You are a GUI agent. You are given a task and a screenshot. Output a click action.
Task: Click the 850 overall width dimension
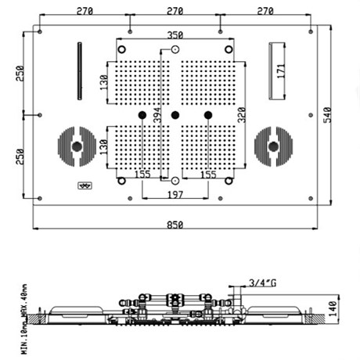[175, 225]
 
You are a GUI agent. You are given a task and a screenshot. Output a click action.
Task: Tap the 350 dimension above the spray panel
[175, 35]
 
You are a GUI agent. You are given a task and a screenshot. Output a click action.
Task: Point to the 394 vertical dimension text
[157, 116]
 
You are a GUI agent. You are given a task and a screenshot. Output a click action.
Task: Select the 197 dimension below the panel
[175, 194]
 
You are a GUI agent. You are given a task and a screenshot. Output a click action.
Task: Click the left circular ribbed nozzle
[76, 146]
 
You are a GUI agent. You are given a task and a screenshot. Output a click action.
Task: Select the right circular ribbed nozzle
[273, 146]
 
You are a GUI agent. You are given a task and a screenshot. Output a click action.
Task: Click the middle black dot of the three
[175, 116]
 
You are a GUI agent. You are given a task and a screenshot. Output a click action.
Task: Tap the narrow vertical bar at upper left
[79, 70]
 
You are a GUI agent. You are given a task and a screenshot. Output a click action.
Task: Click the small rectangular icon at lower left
[85, 185]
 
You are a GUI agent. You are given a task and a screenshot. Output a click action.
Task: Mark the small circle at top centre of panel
[175, 49]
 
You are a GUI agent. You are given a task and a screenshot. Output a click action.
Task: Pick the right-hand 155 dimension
[208, 175]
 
